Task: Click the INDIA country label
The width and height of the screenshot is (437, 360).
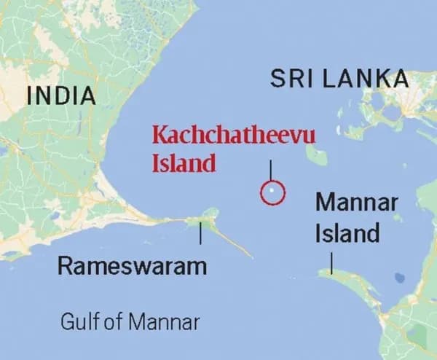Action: [60, 95]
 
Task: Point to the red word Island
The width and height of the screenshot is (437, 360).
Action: [184, 163]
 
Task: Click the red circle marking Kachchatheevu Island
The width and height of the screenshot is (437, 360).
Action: [272, 192]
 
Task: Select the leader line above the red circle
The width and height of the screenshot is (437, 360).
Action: [271, 170]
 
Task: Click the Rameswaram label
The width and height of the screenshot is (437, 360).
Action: [132, 266]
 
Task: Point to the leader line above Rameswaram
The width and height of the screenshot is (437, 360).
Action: [200, 233]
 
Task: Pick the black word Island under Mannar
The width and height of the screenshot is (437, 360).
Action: [347, 233]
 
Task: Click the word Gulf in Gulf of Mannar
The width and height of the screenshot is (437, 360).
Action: [78, 321]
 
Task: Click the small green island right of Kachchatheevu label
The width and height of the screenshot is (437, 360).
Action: [316, 154]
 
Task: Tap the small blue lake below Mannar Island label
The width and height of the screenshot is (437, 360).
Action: [398, 278]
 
